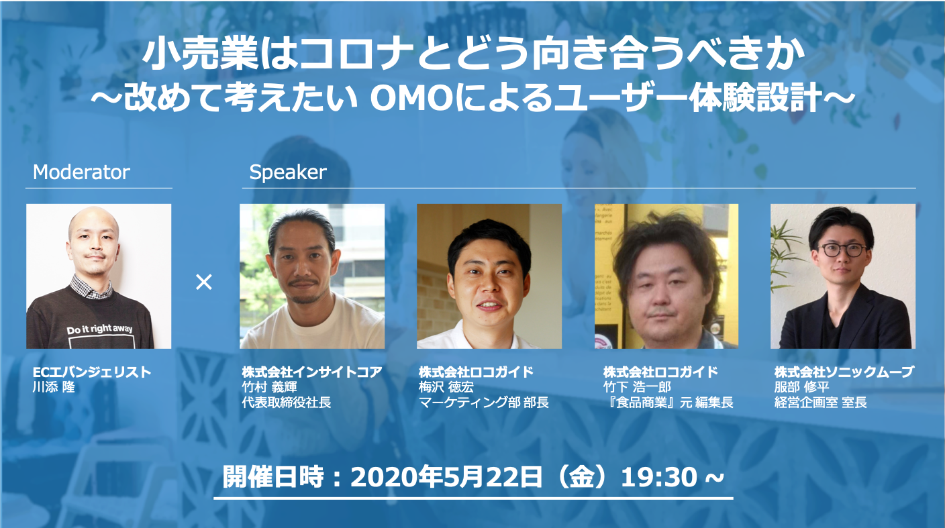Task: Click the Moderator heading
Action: click(x=81, y=172)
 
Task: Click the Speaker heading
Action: click(x=288, y=172)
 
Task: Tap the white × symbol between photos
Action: click(x=204, y=282)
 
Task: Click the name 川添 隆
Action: click(x=54, y=386)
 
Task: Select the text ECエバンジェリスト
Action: click(x=92, y=372)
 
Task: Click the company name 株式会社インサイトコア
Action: click(x=312, y=372)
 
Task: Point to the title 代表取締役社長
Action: click(x=287, y=402)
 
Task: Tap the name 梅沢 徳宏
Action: click(x=446, y=386)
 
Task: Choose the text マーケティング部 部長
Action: click(x=483, y=402)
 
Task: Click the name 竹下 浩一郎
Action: click(x=637, y=386)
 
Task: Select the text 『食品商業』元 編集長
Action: click(x=668, y=402)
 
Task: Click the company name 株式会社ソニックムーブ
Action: click(x=844, y=372)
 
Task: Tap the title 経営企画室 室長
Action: click(x=821, y=402)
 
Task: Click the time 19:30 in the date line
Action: click(x=659, y=477)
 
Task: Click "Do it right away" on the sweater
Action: click(x=99, y=329)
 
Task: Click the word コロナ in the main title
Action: click(x=356, y=55)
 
